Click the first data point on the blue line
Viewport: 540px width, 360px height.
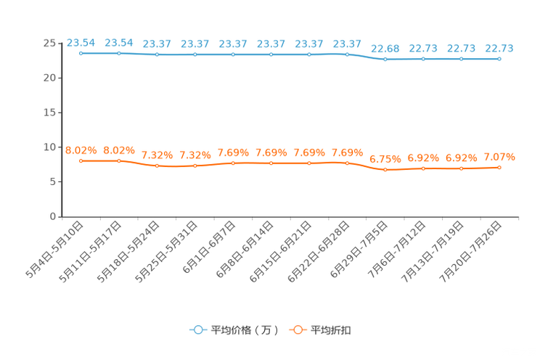(x=81, y=53)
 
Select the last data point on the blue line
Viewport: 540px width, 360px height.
(x=499, y=59)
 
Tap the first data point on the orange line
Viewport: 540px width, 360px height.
(x=81, y=160)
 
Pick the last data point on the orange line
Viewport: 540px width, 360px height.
(x=499, y=167)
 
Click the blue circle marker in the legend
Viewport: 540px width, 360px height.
(x=197, y=330)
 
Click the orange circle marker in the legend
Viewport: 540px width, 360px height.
(x=297, y=330)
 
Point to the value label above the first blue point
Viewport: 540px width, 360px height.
(x=81, y=43)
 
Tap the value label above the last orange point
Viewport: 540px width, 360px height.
(x=499, y=156)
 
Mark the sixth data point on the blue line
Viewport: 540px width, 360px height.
(x=271, y=54)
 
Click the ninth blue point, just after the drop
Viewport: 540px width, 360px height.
(x=385, y=59)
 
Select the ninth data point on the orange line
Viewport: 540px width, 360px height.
(x=385, y=169)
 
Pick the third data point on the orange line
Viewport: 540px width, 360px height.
(x=157, y=165)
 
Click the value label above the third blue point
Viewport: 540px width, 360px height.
(x=157, y=44)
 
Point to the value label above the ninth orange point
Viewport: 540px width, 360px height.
(x=385, y=158)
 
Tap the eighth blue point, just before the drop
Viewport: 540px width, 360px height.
(x=347, y=54)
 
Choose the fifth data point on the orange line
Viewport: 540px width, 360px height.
(x=233, y=163)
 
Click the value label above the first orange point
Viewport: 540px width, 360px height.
(x=81, y=150)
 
